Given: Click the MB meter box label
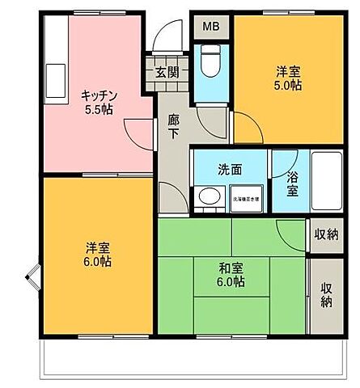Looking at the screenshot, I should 210,27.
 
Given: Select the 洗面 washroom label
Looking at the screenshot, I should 229,170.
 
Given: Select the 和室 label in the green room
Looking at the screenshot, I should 231,268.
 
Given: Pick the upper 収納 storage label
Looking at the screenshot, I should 326,234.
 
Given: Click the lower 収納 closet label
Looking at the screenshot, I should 327,295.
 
